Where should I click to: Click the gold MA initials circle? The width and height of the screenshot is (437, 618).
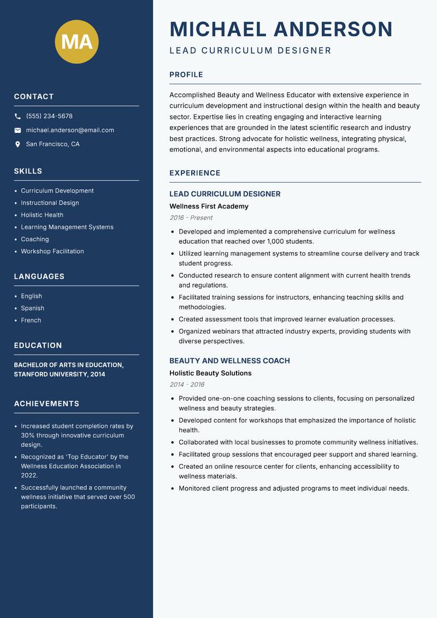coord(76,42)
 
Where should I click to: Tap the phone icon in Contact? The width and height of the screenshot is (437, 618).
coord(17,116)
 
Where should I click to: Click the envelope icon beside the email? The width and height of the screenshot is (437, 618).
coord(17,130)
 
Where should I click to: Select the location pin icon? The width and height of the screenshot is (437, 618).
coord(17,144)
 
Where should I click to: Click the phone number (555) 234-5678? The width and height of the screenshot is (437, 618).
coord(49,116)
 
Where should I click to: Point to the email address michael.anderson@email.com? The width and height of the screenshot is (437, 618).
coord(70,130)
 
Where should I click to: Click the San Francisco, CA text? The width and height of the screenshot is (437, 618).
coord(52,144)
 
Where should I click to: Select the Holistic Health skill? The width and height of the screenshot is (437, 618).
coord(42,215)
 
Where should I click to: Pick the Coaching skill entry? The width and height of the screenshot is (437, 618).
coord(35,239)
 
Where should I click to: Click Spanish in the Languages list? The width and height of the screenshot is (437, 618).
coord(33,308)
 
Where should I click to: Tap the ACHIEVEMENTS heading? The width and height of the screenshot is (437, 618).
coord(46,404)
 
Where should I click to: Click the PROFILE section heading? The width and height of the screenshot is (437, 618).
coord(186,75)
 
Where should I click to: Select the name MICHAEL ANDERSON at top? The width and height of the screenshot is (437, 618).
coord(281,30)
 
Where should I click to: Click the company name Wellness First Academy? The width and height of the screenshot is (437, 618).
coord(209,206)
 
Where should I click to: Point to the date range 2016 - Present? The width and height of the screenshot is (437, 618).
coord(191,218)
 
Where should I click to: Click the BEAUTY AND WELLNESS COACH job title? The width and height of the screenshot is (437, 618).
coord(229,361)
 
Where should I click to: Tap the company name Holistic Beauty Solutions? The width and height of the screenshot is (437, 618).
coord(210,373)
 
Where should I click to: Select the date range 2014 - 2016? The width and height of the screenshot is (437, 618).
coord(187,384)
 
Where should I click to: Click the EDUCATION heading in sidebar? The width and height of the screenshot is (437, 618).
coord(38,346)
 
